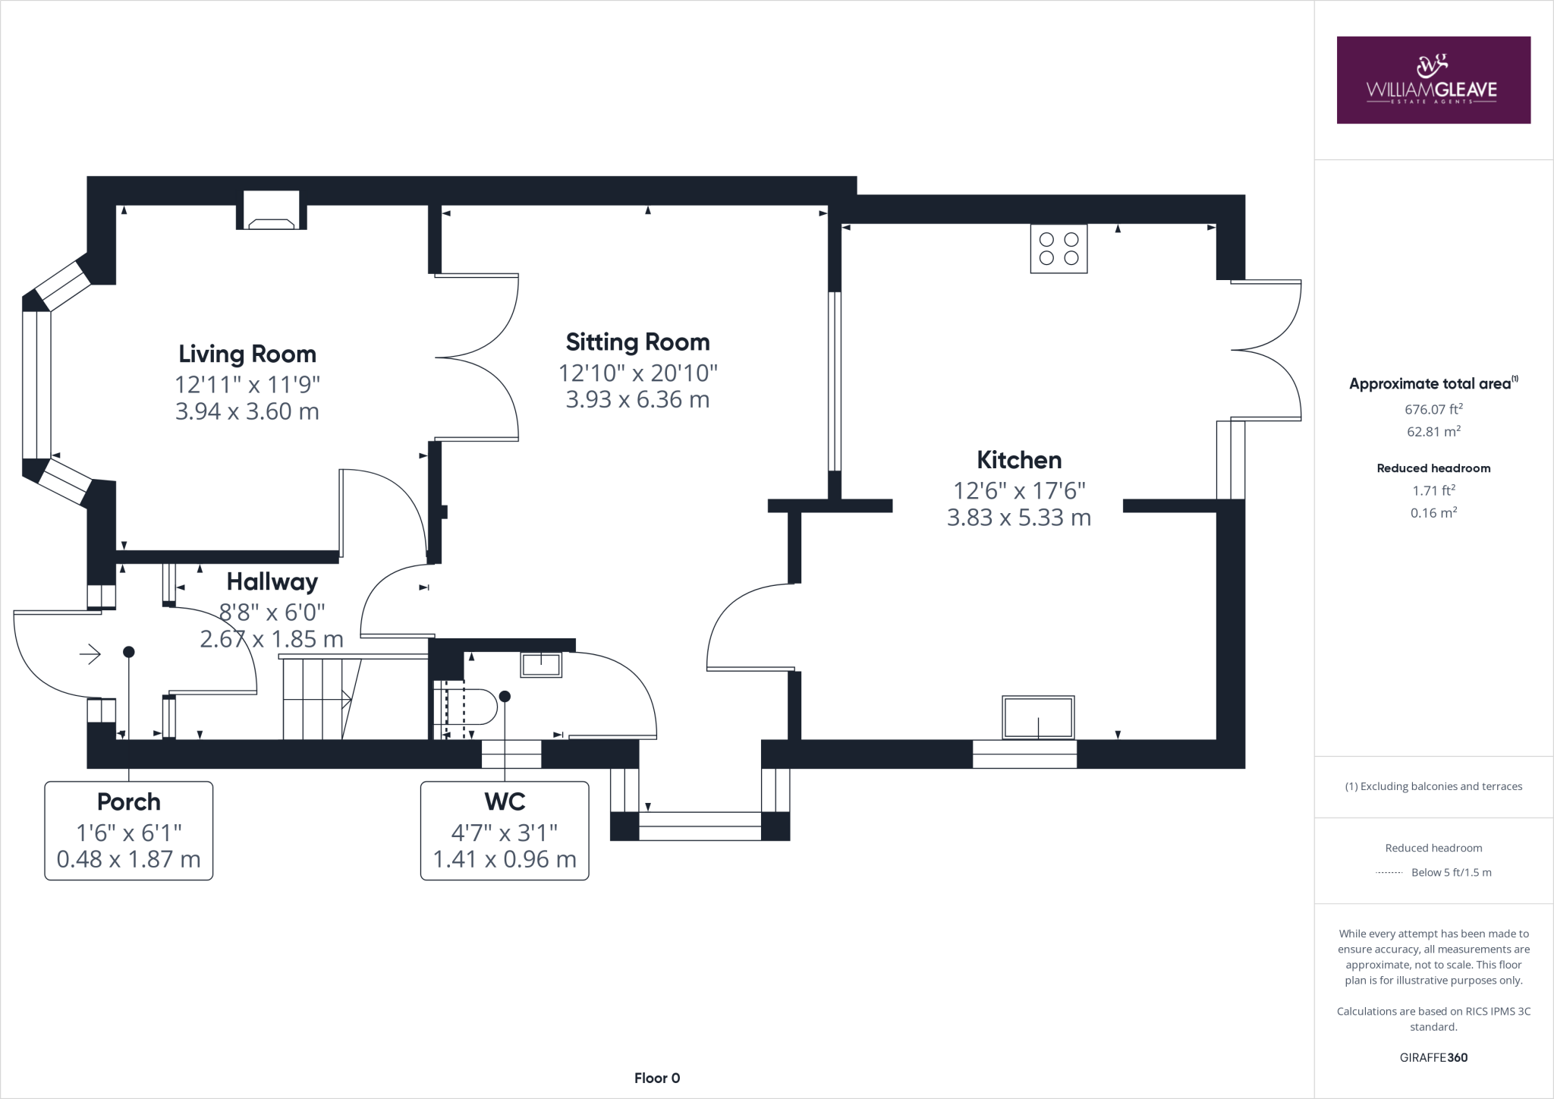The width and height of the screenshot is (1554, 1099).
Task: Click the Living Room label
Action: click(247, 354)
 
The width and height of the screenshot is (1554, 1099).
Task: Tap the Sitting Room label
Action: click(637, 342)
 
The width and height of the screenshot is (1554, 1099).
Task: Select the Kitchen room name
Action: click(1019, 460)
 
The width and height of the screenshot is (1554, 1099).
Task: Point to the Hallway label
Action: click(272, 582)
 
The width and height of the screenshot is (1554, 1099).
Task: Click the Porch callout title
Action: click(129, 801)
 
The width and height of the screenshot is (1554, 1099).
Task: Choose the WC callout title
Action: click(505, 801)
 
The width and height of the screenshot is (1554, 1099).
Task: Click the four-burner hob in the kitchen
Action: click(1059, 249)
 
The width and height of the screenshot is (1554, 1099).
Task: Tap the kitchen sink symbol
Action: click(1038, 717)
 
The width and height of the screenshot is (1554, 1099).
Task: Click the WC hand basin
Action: click(541, 665)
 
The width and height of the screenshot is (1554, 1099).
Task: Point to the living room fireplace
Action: click(272, 210)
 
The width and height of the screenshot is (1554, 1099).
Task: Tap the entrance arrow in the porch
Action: click(90, 653)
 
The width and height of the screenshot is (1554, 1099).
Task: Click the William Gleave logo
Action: click(1433, 80)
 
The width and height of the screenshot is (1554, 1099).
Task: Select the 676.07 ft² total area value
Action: click(1433, 409)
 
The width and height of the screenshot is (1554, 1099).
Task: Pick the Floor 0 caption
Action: click(657, 1078)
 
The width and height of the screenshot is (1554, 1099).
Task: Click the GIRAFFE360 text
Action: click(1433, 1057)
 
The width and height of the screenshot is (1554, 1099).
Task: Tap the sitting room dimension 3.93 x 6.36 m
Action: click(637, 399)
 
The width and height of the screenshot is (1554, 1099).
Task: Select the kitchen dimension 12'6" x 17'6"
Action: click(1019, 490)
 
